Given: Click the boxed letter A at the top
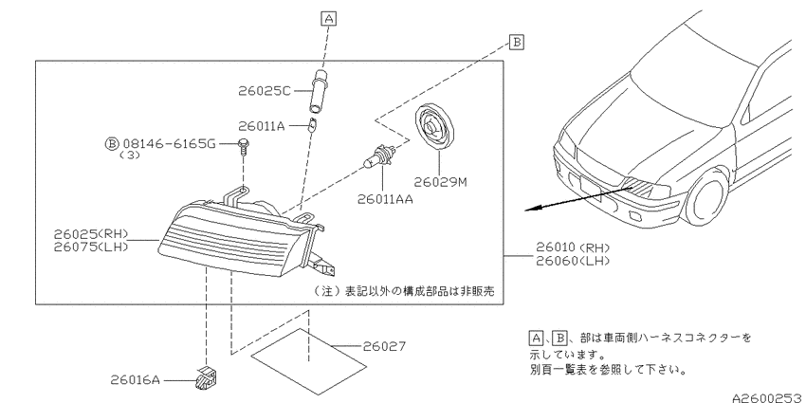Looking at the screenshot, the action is (x=328, y=19).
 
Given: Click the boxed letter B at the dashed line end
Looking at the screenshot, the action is (x=517, y=42).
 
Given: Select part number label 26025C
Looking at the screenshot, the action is (x=265, y=91).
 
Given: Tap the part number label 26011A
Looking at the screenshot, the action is (x=261, y=126).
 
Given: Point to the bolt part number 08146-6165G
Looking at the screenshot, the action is (x=169, y=144).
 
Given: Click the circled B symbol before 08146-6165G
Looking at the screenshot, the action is (x=112, y=144).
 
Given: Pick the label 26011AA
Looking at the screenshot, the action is (x=385, y=199).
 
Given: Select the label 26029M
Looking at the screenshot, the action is (x=441, y=182).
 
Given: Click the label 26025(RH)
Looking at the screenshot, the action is (x=91, y=234).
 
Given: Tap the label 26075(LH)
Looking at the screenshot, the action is (x=91, y=247).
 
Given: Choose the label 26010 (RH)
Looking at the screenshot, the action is (x=573, y=247).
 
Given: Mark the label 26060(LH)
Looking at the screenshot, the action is (x=573, y=261).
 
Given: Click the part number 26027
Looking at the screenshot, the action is (x=384, y=346).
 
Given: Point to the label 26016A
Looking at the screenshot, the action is (x=136, y=380).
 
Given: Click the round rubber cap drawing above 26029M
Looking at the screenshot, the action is (x=435, y=127).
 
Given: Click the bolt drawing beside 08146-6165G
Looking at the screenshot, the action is (x=244, y=146).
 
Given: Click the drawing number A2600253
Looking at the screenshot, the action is (x=768, y=397).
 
